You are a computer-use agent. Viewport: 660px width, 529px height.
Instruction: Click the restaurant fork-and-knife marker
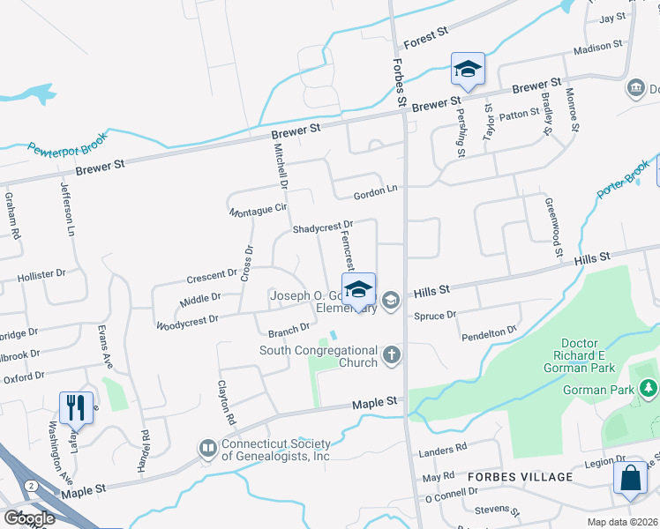tap(75, 408)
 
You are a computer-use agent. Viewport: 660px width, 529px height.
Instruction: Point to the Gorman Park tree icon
tap(649, 389)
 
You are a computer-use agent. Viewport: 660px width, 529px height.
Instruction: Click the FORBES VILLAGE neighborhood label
tap(521, 477)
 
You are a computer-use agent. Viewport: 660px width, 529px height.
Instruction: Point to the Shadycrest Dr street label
tap(323, 227)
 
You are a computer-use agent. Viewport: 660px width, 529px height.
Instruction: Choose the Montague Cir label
tap(259, 210)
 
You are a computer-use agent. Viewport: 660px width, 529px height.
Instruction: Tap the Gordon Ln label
tap(376, 190)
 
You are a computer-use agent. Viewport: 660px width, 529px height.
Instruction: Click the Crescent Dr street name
tap(213, 276)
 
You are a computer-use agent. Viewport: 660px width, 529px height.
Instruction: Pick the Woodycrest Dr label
tap(186, 322)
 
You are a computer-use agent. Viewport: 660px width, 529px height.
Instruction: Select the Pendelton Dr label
tap(488, 332)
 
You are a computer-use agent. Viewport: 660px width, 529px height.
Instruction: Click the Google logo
tap(30, 518)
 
